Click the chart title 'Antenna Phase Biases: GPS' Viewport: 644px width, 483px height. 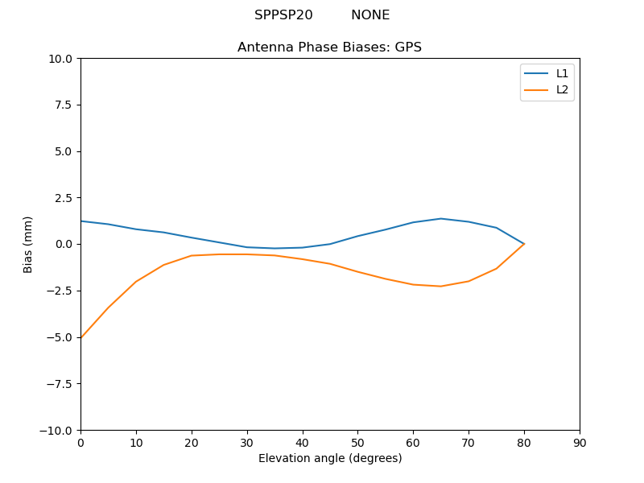(x=329, y=47)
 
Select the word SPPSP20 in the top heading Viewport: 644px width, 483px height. (x=283, y=15)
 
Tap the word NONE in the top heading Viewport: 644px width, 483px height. (x=370, y=15)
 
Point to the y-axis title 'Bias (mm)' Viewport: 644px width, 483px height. (x=28, y=244)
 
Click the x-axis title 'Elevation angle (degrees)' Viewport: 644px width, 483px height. (x=330, y=459)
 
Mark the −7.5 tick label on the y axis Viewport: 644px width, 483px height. (x=59, y=383)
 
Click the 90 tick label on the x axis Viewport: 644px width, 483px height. (x=580, y=443)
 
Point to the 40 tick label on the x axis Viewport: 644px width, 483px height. (x=303, y=443)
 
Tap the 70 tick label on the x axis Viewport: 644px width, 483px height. (x=469, y=443)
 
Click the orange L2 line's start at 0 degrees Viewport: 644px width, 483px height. (x=81, y=337)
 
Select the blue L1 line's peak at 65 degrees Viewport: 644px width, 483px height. (x=441, y=218)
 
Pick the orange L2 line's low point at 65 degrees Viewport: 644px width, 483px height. (x=441, y=286)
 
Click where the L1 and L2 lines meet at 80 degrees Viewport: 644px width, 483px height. (x=524, y=244)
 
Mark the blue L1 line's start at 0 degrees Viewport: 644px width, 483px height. (x=81, y=221)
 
